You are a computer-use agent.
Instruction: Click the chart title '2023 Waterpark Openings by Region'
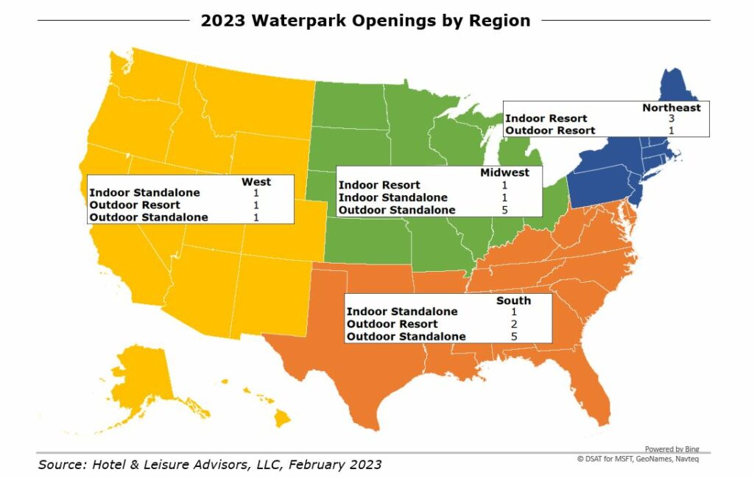[365, 21]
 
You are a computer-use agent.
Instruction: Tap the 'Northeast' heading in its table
[671, 108]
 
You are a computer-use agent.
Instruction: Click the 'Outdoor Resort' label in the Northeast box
[550, 130]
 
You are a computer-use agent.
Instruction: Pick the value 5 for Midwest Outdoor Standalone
[505, 210]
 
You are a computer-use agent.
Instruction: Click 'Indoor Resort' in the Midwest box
[379, 186]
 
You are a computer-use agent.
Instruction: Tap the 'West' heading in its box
[256, 181]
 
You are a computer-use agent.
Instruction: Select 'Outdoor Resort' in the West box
[135, 205]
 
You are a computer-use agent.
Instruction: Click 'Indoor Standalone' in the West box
[144, 193]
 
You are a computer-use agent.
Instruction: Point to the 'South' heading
[513, 300]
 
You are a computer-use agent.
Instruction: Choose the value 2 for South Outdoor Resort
[514, 324]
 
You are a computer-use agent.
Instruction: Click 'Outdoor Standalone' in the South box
[406, 337]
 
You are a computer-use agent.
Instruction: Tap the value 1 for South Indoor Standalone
[514, 312]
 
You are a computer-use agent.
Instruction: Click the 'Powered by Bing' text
[672, 449]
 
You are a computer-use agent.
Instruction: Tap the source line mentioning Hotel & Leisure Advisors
[210, 465]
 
